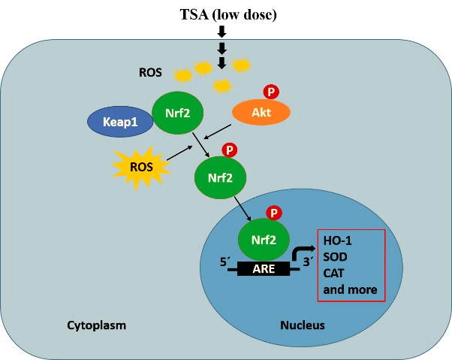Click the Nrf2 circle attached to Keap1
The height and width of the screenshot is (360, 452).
[172, 113]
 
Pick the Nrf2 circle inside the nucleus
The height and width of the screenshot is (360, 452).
[258, 242]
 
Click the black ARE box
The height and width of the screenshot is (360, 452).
[263, 268]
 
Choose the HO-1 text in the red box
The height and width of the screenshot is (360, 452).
[337, 241]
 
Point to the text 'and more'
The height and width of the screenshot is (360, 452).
[349, 289]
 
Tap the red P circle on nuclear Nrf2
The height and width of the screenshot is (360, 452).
[275, 213]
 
